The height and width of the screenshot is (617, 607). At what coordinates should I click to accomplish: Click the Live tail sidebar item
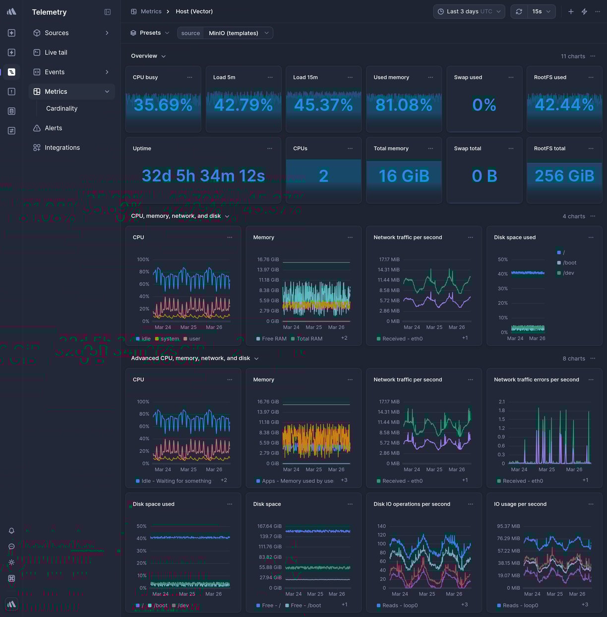(56, 52)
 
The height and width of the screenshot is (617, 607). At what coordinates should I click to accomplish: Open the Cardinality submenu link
(61, 108)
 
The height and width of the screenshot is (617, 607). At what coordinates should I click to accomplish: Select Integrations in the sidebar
(62, 147)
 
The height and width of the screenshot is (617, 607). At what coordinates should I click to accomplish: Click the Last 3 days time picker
(469, 11)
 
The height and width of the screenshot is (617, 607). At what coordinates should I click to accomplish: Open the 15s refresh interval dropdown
(541, 11)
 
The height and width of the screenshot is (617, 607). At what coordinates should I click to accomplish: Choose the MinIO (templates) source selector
(238, 33)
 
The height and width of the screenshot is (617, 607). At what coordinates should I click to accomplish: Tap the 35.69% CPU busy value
(163, 105)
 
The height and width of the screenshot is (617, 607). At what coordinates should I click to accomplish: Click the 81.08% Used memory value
(404, 105)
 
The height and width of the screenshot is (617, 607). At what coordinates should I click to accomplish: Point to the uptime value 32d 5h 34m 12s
(203, 176)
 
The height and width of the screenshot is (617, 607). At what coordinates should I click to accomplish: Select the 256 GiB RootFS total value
(564, 176)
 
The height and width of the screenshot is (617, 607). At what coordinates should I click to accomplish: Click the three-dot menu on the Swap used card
(511, 77)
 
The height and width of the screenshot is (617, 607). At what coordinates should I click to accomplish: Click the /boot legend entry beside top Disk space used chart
(569, 263)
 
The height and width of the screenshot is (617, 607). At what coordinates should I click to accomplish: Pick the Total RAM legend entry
(309, 339)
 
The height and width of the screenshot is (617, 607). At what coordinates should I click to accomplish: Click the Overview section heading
(144, 56)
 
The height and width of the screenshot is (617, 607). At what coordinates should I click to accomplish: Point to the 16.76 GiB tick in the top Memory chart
(268, 259)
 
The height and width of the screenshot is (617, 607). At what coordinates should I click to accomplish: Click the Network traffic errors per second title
(536, 380)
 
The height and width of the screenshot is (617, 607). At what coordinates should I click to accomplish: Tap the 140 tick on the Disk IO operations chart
(381, 526)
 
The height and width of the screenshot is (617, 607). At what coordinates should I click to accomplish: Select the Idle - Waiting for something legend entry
(176, 481)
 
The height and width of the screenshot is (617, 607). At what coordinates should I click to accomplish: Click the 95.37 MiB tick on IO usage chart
(508, 526)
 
